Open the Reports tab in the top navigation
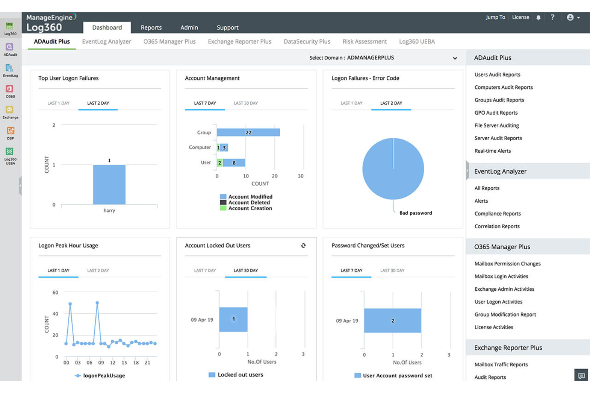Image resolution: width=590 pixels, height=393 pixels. point(151,27)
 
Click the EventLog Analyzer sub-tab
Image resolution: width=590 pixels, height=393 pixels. point(106,41)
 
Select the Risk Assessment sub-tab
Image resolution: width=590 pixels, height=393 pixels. point(364,41)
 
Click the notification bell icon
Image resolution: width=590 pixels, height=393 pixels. point(538,18)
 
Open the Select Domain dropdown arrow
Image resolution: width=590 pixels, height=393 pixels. point(455,58)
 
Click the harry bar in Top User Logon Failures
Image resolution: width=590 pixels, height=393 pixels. point(109,184)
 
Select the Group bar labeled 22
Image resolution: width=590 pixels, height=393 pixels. point(248,132)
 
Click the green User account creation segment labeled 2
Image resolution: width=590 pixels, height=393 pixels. point(219,162)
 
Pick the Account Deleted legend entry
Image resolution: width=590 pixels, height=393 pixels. point(249,202)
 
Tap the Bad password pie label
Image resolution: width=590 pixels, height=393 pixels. point(415,213)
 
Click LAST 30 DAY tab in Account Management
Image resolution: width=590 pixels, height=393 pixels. point(246,103)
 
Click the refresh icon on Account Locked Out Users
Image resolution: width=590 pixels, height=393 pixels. point(303,246)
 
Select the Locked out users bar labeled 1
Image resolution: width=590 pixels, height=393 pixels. point(233,319)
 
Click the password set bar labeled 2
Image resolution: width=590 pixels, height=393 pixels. point(392,321)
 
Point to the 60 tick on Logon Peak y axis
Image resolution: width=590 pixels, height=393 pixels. point(55,292)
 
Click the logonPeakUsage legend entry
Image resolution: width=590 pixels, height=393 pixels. point(103,375)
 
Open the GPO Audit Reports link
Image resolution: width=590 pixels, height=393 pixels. point(496,113)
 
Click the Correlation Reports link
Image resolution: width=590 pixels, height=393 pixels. point(497,226)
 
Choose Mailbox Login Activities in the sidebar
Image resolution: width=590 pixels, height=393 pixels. point(501,276)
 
